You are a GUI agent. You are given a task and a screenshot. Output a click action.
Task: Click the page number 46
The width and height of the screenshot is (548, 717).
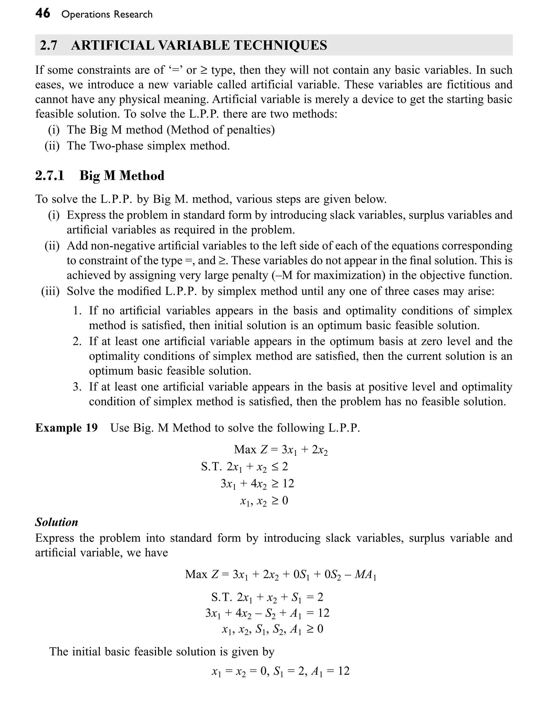[43, 14]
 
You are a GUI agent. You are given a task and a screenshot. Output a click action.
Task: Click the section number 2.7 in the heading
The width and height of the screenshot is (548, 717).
[48, 45]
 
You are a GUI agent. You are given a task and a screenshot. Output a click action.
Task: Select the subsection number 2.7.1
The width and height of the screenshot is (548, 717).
[50, 176]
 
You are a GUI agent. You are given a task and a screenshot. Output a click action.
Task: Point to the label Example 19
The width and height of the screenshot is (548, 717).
[66, 428]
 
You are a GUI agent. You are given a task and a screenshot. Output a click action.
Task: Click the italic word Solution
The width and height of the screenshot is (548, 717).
[56, 522]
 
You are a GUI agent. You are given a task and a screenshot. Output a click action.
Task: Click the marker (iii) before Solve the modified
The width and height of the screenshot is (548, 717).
[50, 291]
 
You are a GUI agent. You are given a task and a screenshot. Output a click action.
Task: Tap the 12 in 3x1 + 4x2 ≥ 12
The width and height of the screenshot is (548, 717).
[288, 483]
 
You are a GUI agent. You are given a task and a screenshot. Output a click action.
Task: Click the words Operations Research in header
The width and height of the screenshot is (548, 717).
[107, 14]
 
